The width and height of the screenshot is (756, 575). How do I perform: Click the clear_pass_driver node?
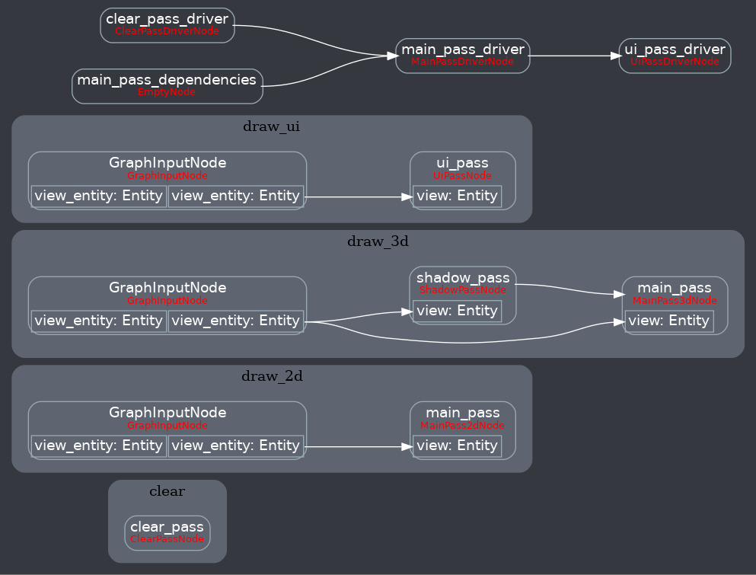[167, 24]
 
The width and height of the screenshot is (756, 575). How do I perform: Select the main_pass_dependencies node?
[167, 85]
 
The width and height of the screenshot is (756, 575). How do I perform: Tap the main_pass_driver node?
[462, 55]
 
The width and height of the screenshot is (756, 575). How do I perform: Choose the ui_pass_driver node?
[674, 55]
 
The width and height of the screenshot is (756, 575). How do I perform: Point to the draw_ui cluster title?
[271, 126]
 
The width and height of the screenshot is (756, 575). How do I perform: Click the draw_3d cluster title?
[378, 241]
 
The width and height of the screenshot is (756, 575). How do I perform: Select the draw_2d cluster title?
[272, 375]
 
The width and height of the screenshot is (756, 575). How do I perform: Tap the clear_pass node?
[167, 532]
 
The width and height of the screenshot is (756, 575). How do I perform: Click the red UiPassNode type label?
[462, 176]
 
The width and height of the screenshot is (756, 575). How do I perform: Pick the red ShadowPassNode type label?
[462, 290]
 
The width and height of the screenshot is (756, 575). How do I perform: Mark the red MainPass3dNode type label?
[675, 301]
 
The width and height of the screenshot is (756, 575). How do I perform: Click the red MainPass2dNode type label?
[462, 426]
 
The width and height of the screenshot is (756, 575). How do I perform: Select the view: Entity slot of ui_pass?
[457, 196]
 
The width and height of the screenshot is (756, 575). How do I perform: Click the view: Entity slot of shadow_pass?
[457, 311]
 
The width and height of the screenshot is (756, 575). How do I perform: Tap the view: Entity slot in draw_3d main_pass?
[669, 321]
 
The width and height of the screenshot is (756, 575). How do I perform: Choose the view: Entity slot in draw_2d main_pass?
[457, 446]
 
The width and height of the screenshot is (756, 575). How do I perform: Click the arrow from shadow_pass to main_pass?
[567, 289]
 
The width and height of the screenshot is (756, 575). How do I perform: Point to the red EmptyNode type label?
[166, 92]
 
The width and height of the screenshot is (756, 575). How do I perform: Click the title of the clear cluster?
[167, 491]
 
